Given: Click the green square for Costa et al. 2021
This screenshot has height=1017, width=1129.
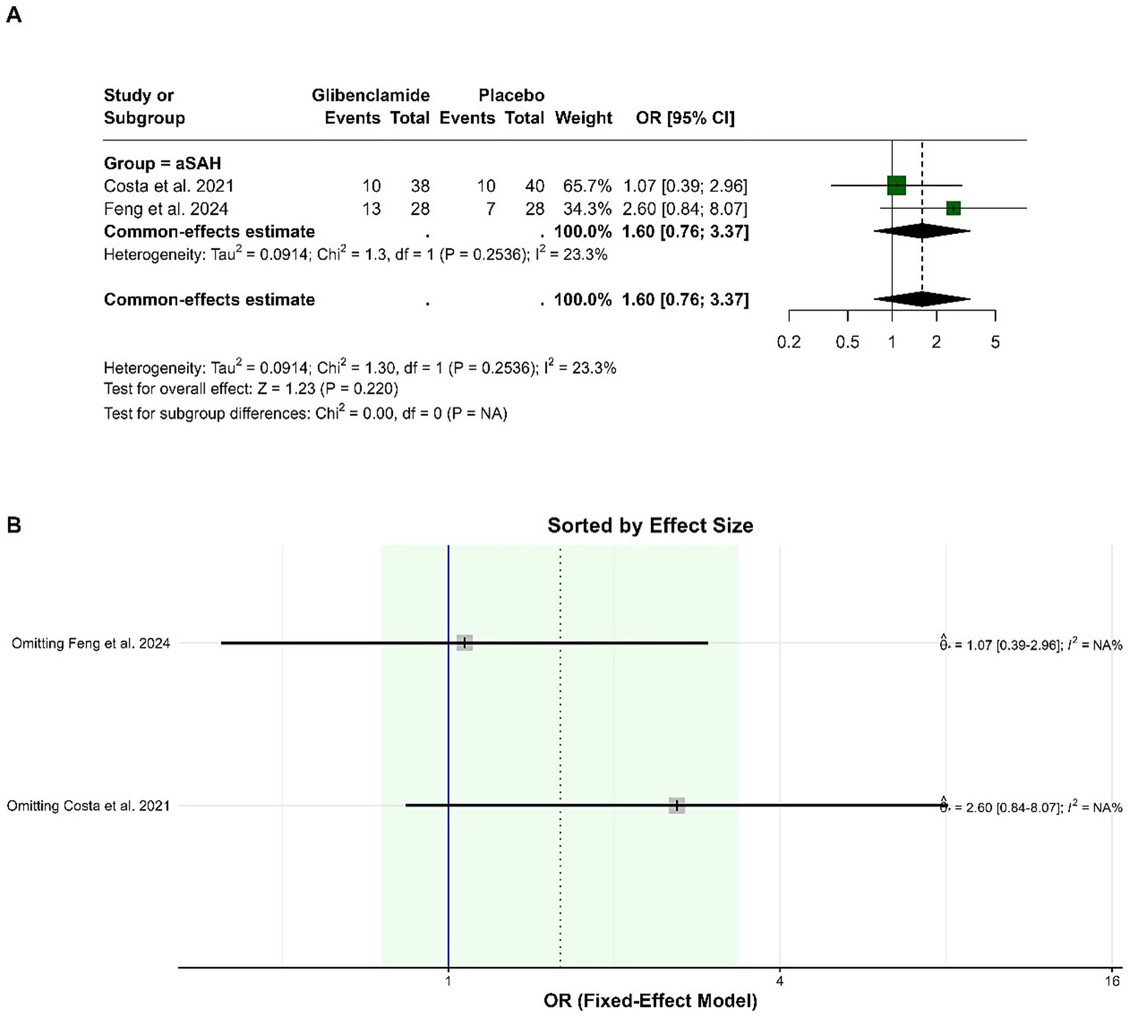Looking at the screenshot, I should pos(896,185).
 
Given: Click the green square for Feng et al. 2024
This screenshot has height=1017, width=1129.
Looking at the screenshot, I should pos(953,208).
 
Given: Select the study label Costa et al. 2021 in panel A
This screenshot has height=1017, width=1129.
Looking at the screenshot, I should pos(168,186).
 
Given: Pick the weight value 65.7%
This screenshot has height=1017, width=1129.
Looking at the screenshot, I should pos(587,186).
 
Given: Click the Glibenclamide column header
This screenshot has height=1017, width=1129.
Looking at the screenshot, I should pos(371,95).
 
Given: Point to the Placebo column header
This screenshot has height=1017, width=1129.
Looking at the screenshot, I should pos(511,95).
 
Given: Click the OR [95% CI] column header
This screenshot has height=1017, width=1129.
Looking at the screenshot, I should pos(685,118).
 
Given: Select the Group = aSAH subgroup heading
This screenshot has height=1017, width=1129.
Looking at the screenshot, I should pos(163,163).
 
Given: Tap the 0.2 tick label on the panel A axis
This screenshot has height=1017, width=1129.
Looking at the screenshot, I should pos(788,342).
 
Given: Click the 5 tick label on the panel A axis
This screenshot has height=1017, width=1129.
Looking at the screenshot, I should pos(995,342).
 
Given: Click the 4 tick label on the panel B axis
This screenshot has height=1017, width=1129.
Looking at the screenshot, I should pos(780,981).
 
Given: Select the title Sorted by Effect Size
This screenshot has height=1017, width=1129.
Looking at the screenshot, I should pos(650,525).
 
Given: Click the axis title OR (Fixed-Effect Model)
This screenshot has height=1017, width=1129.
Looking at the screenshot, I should pos(650,1001).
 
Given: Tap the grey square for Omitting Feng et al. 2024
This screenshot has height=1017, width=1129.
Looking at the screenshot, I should pos(464,642).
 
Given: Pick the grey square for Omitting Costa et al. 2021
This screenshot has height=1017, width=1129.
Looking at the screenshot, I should pos(677,806).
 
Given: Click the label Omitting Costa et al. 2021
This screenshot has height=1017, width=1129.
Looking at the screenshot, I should pos(88,806).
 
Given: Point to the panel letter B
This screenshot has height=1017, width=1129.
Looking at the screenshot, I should pos(13,525).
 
